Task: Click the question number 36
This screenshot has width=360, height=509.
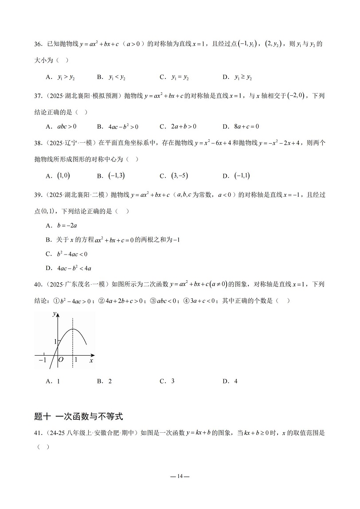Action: click(38, 44)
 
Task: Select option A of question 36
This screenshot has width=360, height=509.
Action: click(60, 77)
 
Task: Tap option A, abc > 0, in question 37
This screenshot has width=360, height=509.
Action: click(61, 126)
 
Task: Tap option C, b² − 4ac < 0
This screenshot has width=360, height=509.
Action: click(67, 254)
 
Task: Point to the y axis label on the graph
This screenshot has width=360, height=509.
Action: click(54, 314)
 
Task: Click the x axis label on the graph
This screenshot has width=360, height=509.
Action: click(90, 361)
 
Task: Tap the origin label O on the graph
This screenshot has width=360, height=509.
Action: click(62, 360)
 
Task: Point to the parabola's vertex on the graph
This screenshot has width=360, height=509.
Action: click(73, 329)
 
